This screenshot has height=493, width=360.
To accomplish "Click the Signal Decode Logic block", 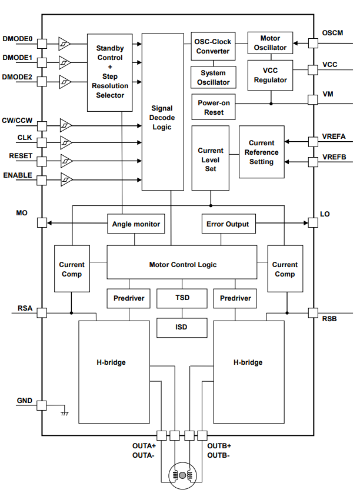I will (162, 112).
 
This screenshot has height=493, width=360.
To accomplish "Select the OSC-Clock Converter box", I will (213, 46).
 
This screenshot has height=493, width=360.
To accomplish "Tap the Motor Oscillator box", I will (270, 43).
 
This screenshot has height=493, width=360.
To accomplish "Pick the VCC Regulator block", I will (270, 75).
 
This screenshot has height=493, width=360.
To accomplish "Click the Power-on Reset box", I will (214, 107).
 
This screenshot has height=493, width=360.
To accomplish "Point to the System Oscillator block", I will (213, 78).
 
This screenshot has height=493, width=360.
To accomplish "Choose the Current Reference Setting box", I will (261, 152).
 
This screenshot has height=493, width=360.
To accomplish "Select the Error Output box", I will (228, 224).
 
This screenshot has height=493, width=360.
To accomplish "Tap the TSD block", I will (182, 298).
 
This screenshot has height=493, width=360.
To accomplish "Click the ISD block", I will (182, 327).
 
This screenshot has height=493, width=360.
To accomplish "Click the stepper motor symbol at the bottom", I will (182, 475).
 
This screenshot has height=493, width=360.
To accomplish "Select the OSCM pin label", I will (332, 33).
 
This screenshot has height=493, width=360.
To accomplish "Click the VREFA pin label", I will (334, 136).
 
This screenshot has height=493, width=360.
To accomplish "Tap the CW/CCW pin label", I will (17, 121).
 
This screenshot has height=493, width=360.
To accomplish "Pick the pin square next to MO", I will (42, 223).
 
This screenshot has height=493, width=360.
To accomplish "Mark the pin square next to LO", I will (312, 223).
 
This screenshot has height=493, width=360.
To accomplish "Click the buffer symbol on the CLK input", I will (66, 142).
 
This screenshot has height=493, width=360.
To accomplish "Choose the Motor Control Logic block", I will (182, 265).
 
